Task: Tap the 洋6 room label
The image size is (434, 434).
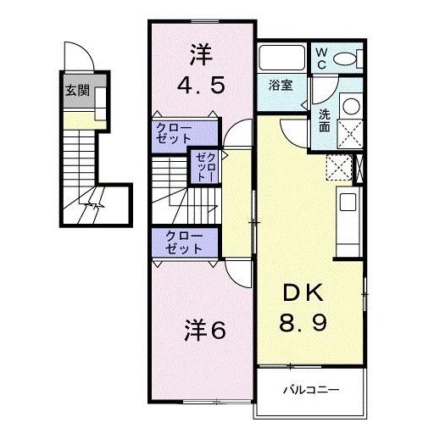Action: point(205,331)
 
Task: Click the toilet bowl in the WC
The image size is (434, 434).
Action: point(345,58)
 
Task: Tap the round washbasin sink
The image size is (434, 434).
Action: point(349,106)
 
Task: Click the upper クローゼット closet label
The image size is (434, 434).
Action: point(173,133)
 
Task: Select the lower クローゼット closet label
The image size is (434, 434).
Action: point(184,242)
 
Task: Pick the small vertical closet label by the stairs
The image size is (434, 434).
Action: point(205,167)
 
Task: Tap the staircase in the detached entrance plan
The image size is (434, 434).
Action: point(83,170)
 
